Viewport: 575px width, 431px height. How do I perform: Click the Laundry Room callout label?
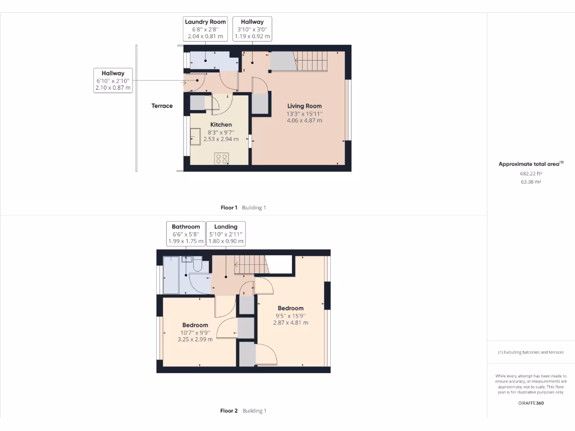pos(205,29)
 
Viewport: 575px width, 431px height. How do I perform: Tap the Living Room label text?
pos(304,113)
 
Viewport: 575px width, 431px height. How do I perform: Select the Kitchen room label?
pos(221,131)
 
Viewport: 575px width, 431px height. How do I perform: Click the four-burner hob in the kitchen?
pos(221,158)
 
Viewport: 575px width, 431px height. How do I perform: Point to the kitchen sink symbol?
pos(196,136)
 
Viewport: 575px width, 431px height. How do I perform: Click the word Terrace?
pos(162,106)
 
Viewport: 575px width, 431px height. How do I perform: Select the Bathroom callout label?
pos(186,234)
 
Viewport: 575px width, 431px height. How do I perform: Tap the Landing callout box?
pos(226,234)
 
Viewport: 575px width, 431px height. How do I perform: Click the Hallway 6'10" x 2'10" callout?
pos(113,80)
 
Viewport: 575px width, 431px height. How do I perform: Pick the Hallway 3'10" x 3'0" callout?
pos(252,29)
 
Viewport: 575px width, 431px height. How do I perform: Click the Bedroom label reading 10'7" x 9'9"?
pos(195,332)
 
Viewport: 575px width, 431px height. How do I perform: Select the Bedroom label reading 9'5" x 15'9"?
pos(290,315)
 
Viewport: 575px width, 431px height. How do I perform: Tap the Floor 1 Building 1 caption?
pos(243,208)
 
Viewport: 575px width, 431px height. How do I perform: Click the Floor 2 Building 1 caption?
pos(243,411)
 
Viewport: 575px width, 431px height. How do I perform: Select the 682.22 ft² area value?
pos(531,173)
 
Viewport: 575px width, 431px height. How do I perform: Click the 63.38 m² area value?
pos(531,182)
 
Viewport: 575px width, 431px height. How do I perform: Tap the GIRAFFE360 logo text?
pos(531,403)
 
